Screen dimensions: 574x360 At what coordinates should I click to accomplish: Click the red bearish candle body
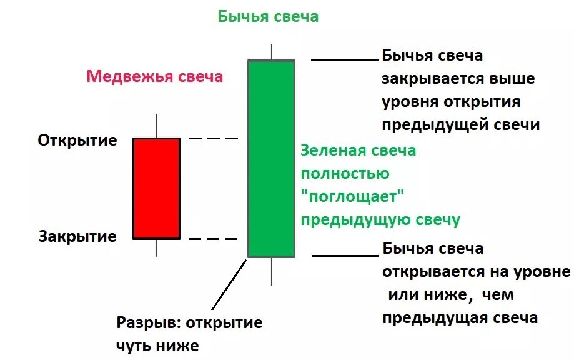pos(156,188)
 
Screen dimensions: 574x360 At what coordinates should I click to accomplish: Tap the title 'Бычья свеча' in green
pos(268,17)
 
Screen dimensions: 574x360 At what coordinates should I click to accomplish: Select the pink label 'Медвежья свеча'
pos(154,77)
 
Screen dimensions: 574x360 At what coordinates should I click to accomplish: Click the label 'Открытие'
pos(77,140)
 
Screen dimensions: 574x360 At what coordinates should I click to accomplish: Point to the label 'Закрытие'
pos(77,237)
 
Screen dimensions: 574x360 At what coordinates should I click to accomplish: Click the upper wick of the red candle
pos(156,126)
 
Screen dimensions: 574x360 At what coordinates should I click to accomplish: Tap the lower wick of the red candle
pos(156,247)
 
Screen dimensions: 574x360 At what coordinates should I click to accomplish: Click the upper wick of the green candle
pos(272,51)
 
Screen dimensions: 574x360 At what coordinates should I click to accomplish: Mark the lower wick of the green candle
pos(272,271)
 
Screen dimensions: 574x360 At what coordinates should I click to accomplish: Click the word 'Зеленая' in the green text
pos(332,151)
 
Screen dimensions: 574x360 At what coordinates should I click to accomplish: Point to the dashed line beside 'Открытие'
pos(214,138)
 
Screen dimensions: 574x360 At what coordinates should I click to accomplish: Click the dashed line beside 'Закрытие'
pos(214,239)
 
